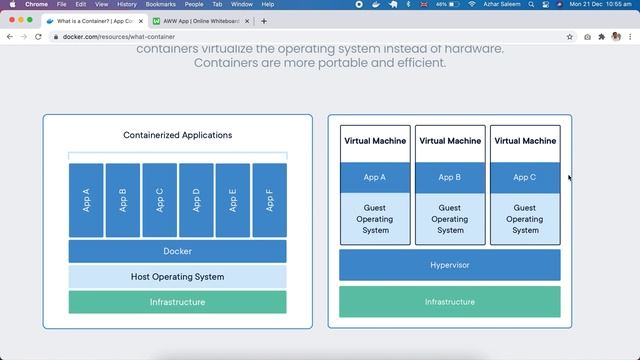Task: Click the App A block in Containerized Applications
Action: [86, 200]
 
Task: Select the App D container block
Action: [196, 200]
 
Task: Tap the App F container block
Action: [270, 200]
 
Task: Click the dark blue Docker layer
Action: [177, 251]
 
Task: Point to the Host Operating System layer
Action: [177, 277]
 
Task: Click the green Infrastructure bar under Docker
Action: [177, 302]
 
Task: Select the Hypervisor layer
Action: [449, 265]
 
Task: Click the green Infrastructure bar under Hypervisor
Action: [449, 302]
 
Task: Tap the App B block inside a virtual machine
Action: [450, 177]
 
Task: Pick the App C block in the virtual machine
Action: [524, 177]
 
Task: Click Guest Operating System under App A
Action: [375, 219]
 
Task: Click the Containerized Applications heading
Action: [177, 135]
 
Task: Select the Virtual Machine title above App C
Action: [524, 141]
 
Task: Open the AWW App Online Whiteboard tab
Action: [200, 21]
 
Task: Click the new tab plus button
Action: [264, 21]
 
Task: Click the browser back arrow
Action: [10, 37]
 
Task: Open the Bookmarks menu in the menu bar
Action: [160, 4]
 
